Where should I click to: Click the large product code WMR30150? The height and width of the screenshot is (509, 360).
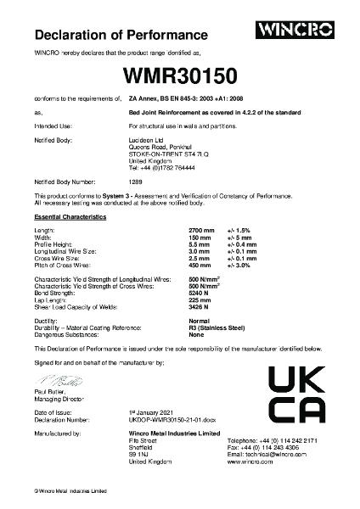coord(180,76)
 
